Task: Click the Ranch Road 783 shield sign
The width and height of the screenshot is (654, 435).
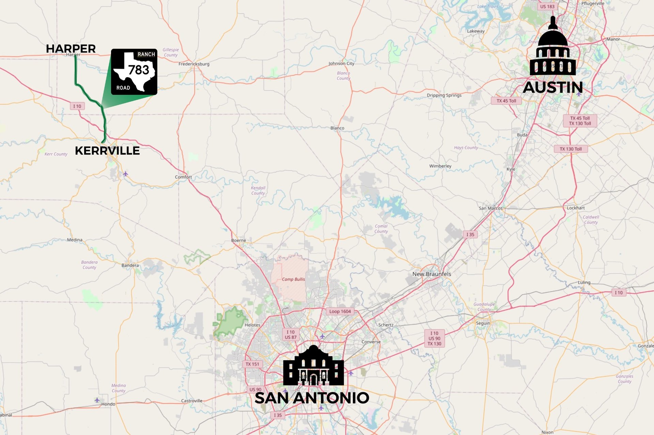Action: point(134,72)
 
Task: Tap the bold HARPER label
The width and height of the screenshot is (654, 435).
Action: point(71,49)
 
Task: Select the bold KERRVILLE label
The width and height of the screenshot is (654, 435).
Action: point(107,151)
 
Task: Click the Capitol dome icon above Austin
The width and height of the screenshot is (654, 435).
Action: point(553,48)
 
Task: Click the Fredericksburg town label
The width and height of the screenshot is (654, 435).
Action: point(194,64)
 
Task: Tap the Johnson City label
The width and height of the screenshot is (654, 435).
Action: point(341,64)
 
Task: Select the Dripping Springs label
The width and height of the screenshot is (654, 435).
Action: point(444,95)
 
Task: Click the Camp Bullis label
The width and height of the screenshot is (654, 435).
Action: point(293,279)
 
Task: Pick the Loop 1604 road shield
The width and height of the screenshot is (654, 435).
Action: point(340,311)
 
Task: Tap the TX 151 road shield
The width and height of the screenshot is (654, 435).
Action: point(252,364)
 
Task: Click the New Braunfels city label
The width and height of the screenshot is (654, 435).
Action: point(432,274)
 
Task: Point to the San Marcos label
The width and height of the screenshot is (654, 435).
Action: point(490,208)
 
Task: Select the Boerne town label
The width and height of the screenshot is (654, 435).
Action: point(238,240)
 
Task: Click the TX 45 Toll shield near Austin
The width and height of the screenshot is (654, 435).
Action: point(506,101)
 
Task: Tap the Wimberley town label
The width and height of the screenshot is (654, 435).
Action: point(440,166)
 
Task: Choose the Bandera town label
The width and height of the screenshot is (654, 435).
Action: point(130,265)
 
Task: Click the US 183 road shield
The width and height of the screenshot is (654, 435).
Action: point(547,6)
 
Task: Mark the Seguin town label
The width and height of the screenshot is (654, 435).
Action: point(483,323)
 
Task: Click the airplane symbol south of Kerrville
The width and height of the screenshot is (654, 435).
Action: point(125,174)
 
